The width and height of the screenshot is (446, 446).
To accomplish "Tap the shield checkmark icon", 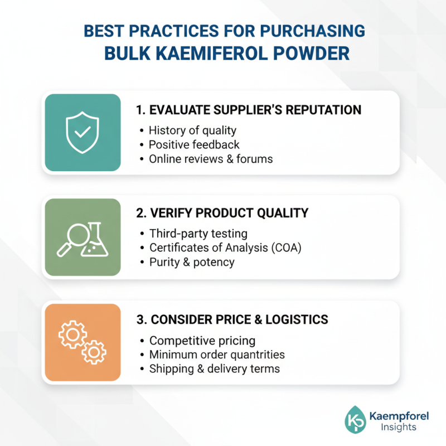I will tap(83, 132).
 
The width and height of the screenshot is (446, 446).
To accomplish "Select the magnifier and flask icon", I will tap(83, 237).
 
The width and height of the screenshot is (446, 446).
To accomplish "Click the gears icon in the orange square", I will tap(83, 342).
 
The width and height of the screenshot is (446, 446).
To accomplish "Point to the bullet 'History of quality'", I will tap(192, 130).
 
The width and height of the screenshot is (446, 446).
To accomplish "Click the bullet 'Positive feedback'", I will tap(194, 145).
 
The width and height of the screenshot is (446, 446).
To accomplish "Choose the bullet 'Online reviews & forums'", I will tap(211, 159).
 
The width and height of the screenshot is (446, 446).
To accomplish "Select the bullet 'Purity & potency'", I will tap(192, 263).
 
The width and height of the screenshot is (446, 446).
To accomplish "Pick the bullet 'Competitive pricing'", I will tap(202, 341).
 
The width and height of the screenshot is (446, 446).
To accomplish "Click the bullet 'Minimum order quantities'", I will tap(217, 355).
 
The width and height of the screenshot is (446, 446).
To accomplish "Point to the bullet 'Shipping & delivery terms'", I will tap(215, 369).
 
